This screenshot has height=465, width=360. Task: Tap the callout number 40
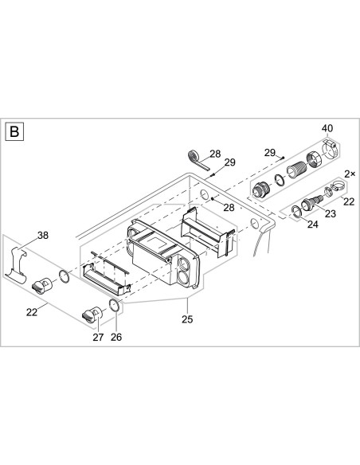click(x=327, y=129)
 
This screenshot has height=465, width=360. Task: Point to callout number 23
click(x=328, y=213)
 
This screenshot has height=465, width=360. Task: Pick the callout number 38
click(x=42, y=235)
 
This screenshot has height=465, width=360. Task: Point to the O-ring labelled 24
click(x=295, y=211)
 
